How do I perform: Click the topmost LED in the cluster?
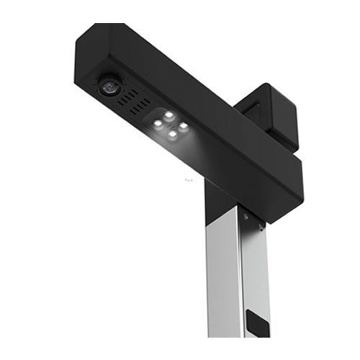click(168, 115)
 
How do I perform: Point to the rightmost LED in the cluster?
click(184, 126)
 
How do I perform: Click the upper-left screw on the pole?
click(246, 217)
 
